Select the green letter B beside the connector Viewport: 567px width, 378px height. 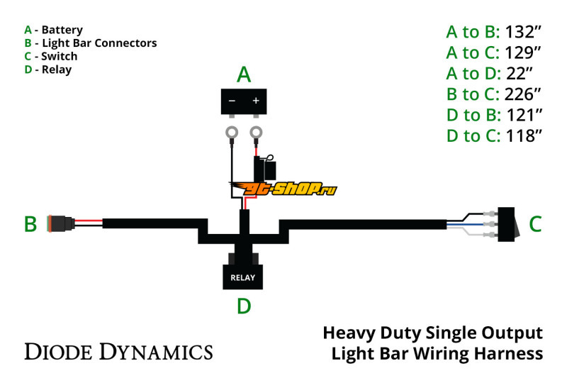pos(30,224)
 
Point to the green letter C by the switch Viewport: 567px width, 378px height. pos(535,224)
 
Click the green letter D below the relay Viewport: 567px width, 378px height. pos(243,306)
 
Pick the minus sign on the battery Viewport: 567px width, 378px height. pos(232,101)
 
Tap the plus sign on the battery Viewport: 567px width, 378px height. pos(255,101)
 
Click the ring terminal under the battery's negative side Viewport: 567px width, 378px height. pos(231,131)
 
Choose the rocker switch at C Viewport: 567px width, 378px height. pos(509,221)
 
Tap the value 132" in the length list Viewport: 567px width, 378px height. pos(524,31)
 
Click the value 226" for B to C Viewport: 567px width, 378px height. pos(524,94)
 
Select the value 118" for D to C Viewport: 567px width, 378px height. pos(524,135)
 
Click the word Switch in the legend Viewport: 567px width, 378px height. pos(60,56)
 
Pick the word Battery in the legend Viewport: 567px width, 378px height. pos(62,30)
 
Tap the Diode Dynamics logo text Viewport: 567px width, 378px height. pos(118,351)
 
